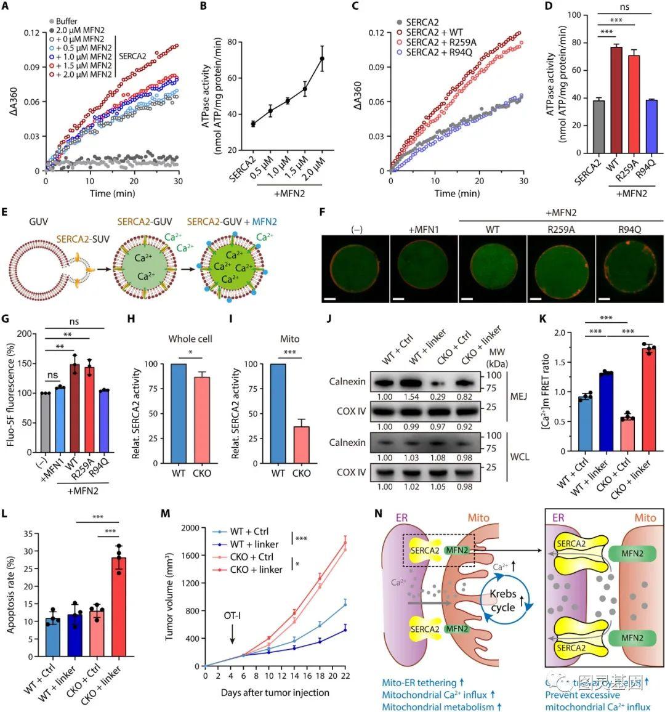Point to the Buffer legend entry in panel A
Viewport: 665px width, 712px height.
tap(66, 22)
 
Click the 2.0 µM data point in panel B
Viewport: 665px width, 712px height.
tap(321, 59)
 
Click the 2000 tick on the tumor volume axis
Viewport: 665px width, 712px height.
tap(189, 528)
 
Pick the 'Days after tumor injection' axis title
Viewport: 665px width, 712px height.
tap(275, 692)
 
